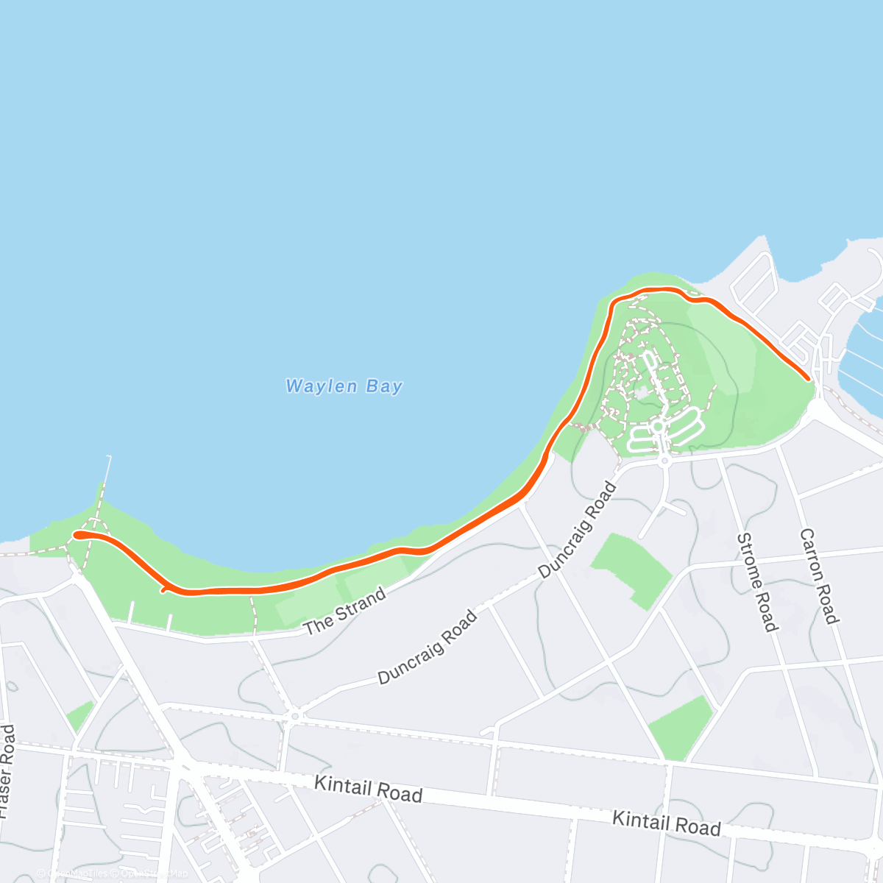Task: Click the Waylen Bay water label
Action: (344, 386)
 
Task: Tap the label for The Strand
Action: (345, 611)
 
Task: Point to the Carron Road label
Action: (818, 576)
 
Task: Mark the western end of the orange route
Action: (77, 535)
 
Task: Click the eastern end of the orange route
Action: (808, 378)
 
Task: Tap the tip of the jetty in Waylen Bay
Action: (110, 457)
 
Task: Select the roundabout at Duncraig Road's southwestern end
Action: (294, 714)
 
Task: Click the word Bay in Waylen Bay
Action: (385, 387)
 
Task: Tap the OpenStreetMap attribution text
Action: (155, 873)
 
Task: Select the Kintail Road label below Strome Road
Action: (667, 823)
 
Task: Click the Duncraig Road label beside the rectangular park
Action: (578, 530)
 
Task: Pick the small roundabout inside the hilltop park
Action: (658, 426)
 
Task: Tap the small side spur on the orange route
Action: (163, 589)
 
